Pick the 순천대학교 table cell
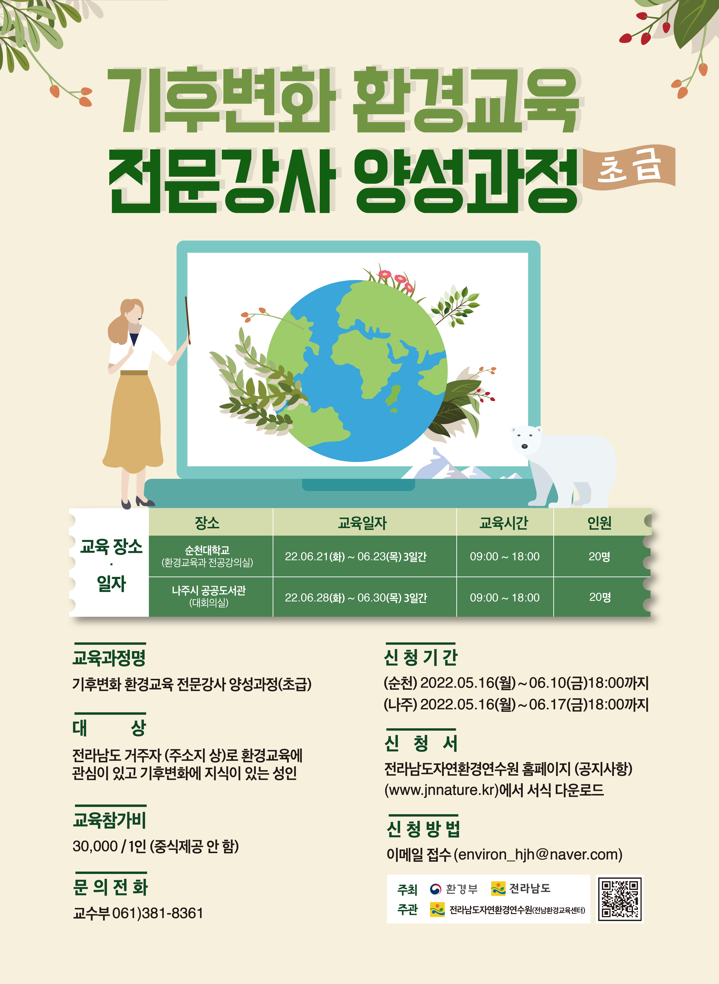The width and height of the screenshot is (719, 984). tap(207, 556)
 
